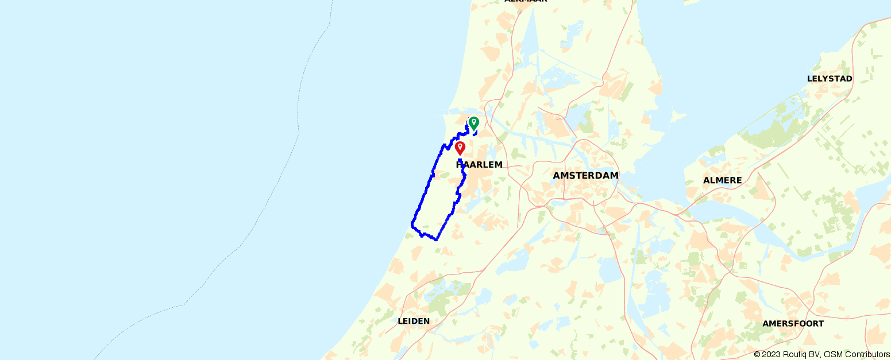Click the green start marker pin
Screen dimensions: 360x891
coord(474,122)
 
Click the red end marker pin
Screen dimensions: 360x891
coord(460,148)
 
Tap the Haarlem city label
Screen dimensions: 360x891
coord(479,165)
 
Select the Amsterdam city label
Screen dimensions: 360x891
coord(585,176)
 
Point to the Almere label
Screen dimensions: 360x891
coord(722,180)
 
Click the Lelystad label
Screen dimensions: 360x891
coord(830,79)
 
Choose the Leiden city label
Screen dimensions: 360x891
coord(414,321)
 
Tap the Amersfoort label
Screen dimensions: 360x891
coord(793,324)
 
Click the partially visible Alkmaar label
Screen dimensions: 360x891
coord(526,1)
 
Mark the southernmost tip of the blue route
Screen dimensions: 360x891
coord(436,239)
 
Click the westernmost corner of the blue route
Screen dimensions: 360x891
coord(412,223)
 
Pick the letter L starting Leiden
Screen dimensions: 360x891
coord(400,321)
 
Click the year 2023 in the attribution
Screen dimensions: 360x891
coord(770,355)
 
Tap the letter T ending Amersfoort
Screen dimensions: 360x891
coord(821,324)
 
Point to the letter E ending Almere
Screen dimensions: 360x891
coord(739,180)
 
